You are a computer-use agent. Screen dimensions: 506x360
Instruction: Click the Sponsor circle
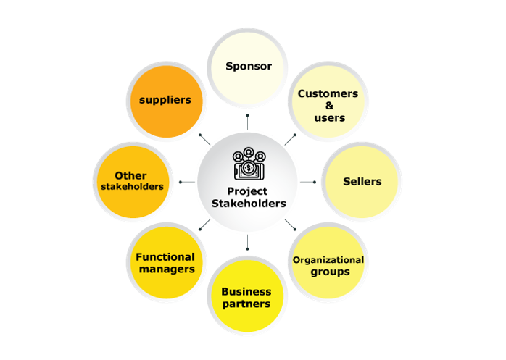tap(247, 68)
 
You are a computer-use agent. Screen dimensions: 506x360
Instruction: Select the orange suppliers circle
tap(167, 101)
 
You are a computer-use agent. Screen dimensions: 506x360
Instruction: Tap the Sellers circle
tap(362, 182)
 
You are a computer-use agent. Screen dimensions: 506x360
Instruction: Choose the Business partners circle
tap(247, 296)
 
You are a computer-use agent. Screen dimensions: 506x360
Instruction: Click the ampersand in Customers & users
tap(330, 106)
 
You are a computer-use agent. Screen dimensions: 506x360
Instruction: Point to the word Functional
tap(165, 256)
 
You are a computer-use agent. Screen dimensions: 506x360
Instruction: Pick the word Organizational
tap(328, 259)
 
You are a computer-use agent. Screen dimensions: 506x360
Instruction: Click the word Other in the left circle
tap(130, 175)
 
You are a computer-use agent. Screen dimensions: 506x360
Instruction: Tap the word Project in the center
tap(247, 191)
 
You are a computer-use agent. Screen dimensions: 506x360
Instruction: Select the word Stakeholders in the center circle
tap(249, 204)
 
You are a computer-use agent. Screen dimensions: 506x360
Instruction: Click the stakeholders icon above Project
tap(249, 164)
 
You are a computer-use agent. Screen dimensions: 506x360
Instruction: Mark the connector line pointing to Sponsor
tap(247, 122)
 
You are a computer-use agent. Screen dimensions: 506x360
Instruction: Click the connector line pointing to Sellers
tap(308, 183)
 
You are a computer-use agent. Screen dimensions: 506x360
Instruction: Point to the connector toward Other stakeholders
tap(187, 183)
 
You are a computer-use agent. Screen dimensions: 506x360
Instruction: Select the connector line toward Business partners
tap(247, 243)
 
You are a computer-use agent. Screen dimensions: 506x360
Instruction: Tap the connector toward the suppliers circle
tap(204, 140)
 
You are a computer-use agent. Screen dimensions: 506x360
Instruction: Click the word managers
tap(167, 269)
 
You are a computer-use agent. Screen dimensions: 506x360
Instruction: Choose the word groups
tap(330, 272)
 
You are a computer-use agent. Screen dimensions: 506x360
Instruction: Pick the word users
tap(330, 118)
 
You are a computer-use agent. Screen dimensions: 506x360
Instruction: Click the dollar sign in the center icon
tap(249, 167)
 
